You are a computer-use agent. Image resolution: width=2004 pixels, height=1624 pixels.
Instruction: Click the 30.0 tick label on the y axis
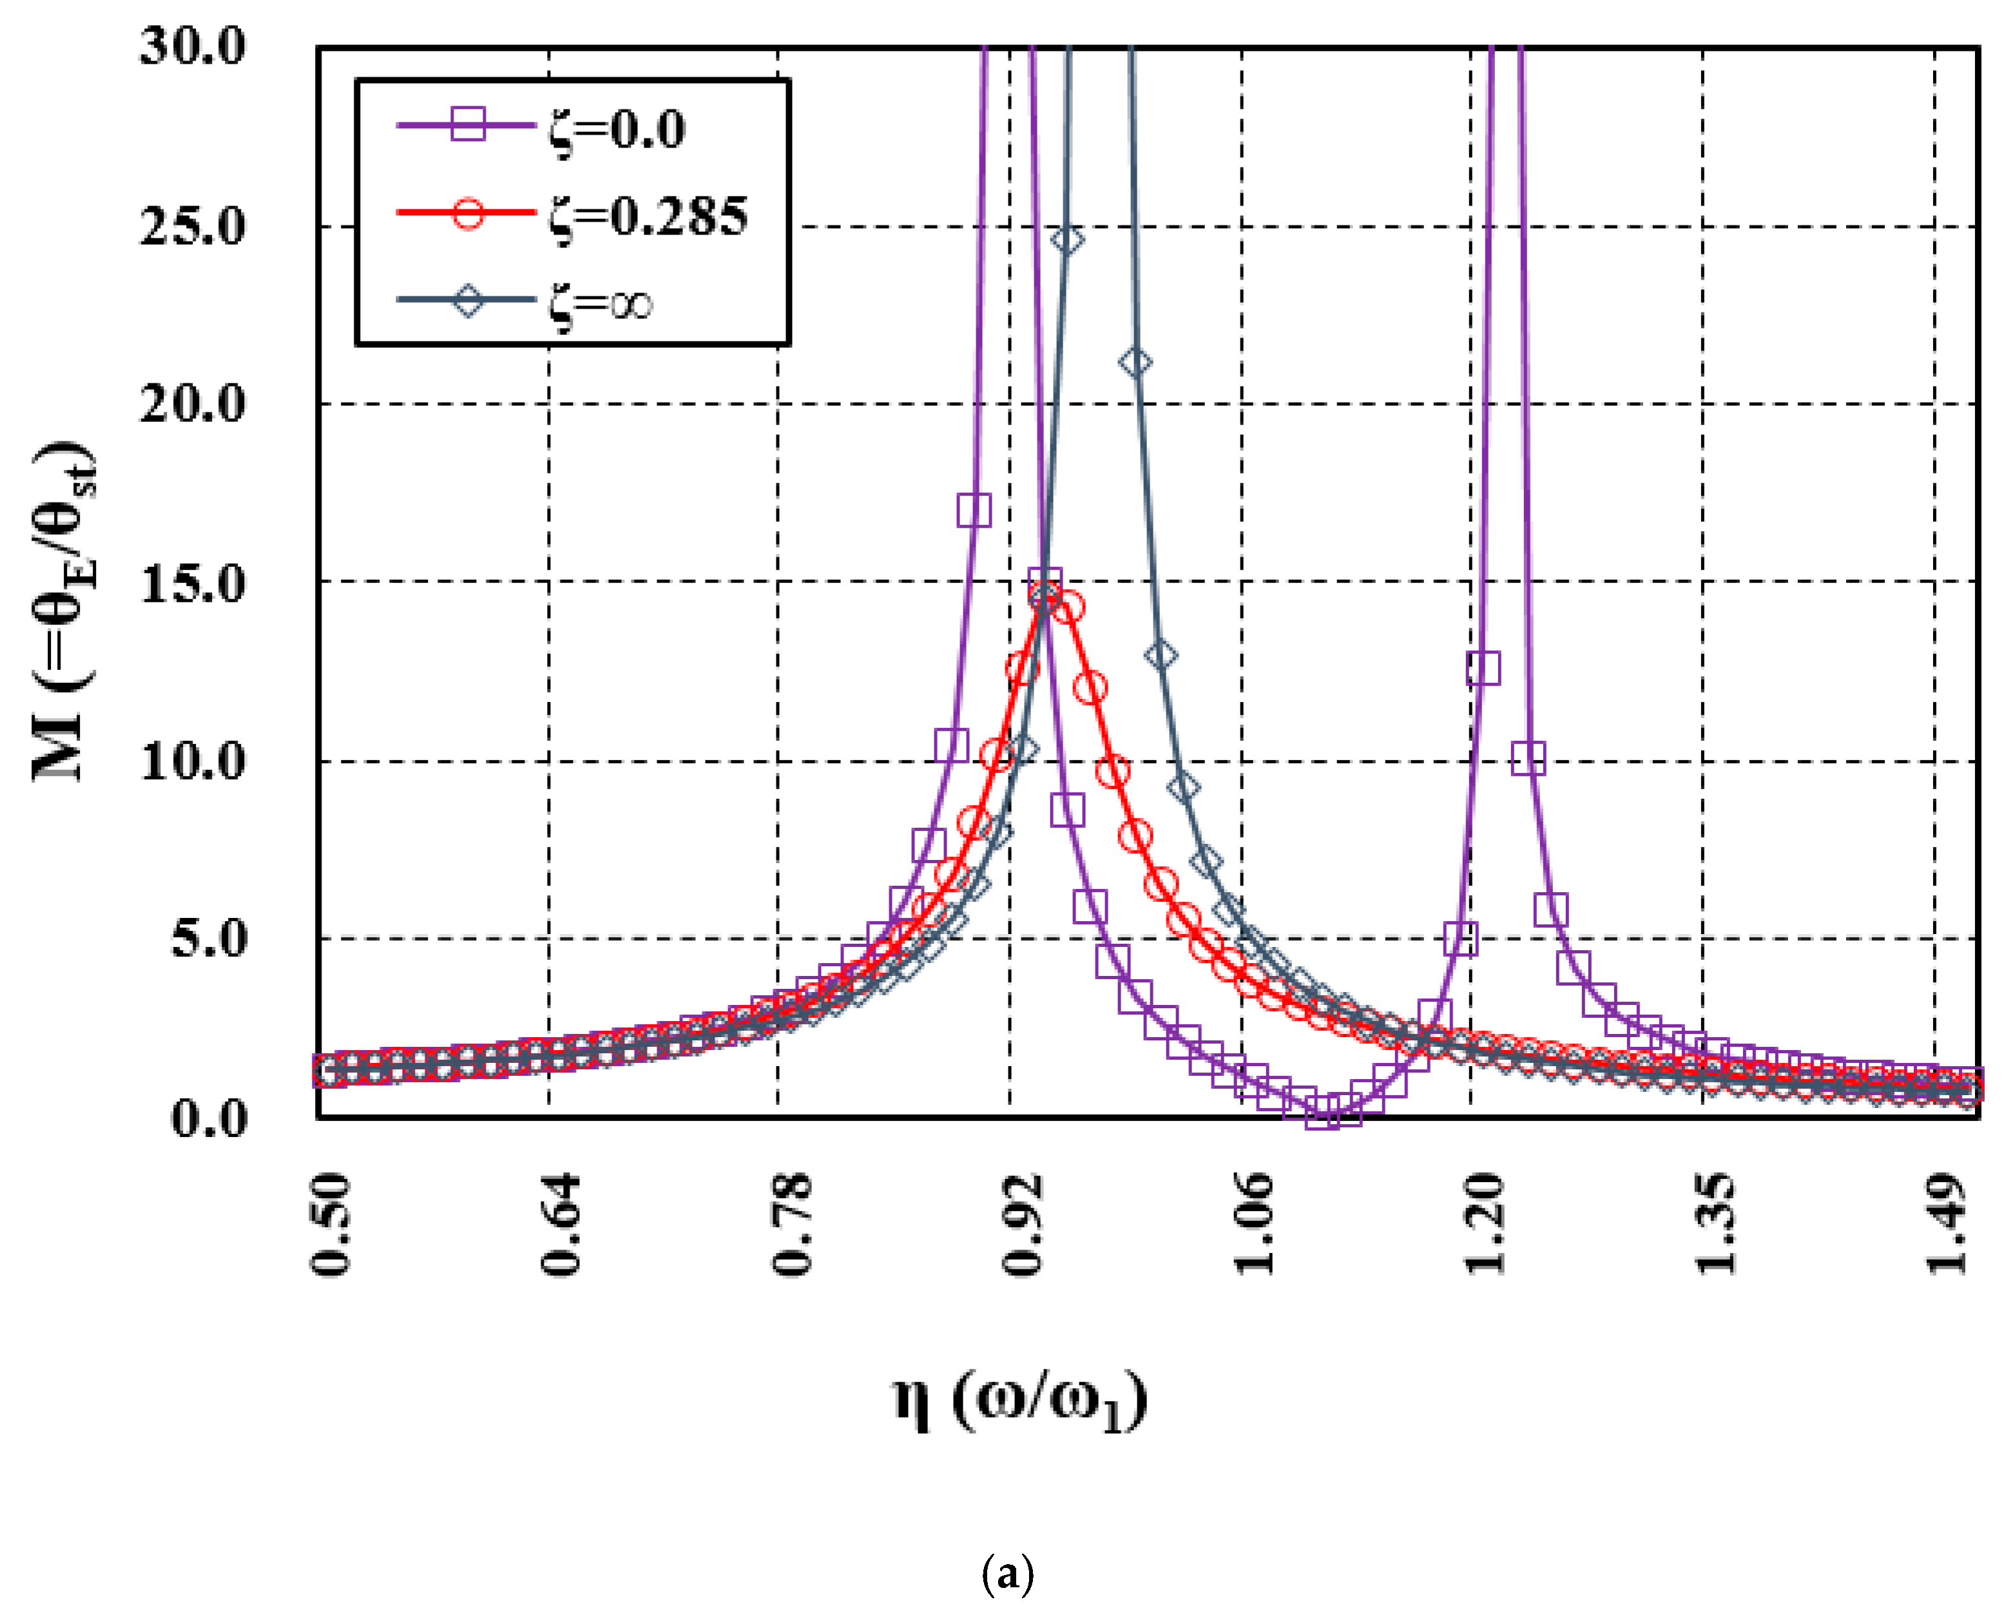point(193,46)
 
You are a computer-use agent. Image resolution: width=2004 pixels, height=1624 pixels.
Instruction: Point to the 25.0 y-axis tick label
point(193,226)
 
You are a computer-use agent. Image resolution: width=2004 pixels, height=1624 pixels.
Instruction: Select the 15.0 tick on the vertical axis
point(193,585)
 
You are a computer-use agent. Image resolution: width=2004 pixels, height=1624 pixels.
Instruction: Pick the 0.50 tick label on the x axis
point(329,1225)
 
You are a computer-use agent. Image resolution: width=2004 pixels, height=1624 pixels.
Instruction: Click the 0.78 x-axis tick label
point(791,1225)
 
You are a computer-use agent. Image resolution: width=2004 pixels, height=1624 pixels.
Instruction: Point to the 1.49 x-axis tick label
point(1946,1225)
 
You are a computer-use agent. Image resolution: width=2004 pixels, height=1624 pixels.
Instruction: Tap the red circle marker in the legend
point(468,213)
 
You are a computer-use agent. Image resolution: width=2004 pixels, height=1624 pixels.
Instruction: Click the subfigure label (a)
point(1008,1574)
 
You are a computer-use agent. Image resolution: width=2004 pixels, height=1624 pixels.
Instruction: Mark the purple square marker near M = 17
point(974,511)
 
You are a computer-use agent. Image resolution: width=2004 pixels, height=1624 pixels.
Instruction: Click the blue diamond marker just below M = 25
point(1068,240)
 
